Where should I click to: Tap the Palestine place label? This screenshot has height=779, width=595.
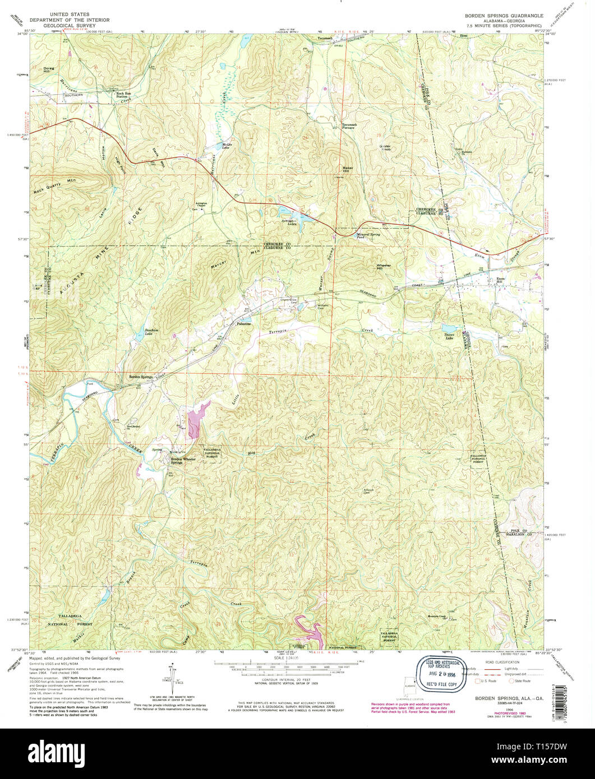pyautogui.click(x=244, y=324)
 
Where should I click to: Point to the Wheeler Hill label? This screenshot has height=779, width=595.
pyautogui.click(x=384, y=267)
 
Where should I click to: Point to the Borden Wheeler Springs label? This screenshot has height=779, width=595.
pyautogui.click(x=184, y=461)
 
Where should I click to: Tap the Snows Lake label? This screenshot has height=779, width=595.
pyautogui.click(x=449, y=336)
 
